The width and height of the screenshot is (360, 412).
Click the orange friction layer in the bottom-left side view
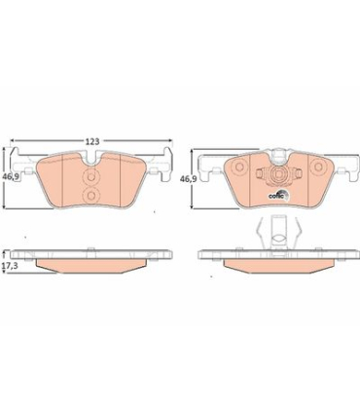(x=91, y=263)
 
